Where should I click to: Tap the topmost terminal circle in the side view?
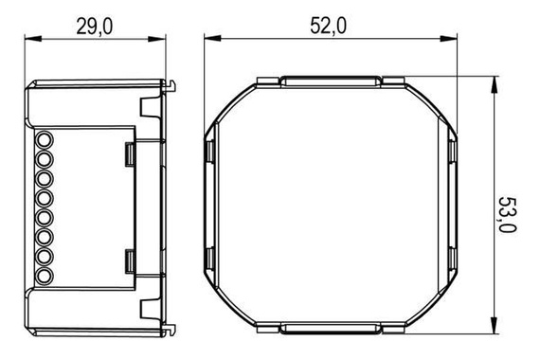point(44,140)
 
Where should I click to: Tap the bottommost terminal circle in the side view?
point(44,279)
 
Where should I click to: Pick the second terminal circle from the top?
point(44,160)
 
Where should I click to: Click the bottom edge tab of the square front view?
point(330,331)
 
